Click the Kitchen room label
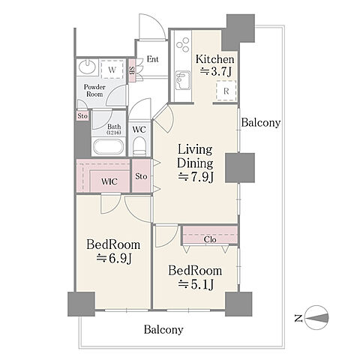tap(215, 59)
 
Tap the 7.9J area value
tap(196, 177)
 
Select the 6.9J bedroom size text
tap(114, 258)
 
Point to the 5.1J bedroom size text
tap(196, 284)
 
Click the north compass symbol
tap(317, 318)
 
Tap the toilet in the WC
tap(139, 146)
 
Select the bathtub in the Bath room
tap(108, 148)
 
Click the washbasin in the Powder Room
tap(87, 67)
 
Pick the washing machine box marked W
tap(112, 69)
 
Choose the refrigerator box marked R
tap(226, 91)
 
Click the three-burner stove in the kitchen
tap(183, 45)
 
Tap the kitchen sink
tap(183, 80)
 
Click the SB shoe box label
tap(131, 70)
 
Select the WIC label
tap(109, 181)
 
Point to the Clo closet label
tap(210, 239)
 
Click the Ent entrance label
tap(153, 59)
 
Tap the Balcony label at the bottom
tap(163, 329)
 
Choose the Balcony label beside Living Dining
tap(261, 123)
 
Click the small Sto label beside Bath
tap(82, 116)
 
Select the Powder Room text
tap(94, 91)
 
